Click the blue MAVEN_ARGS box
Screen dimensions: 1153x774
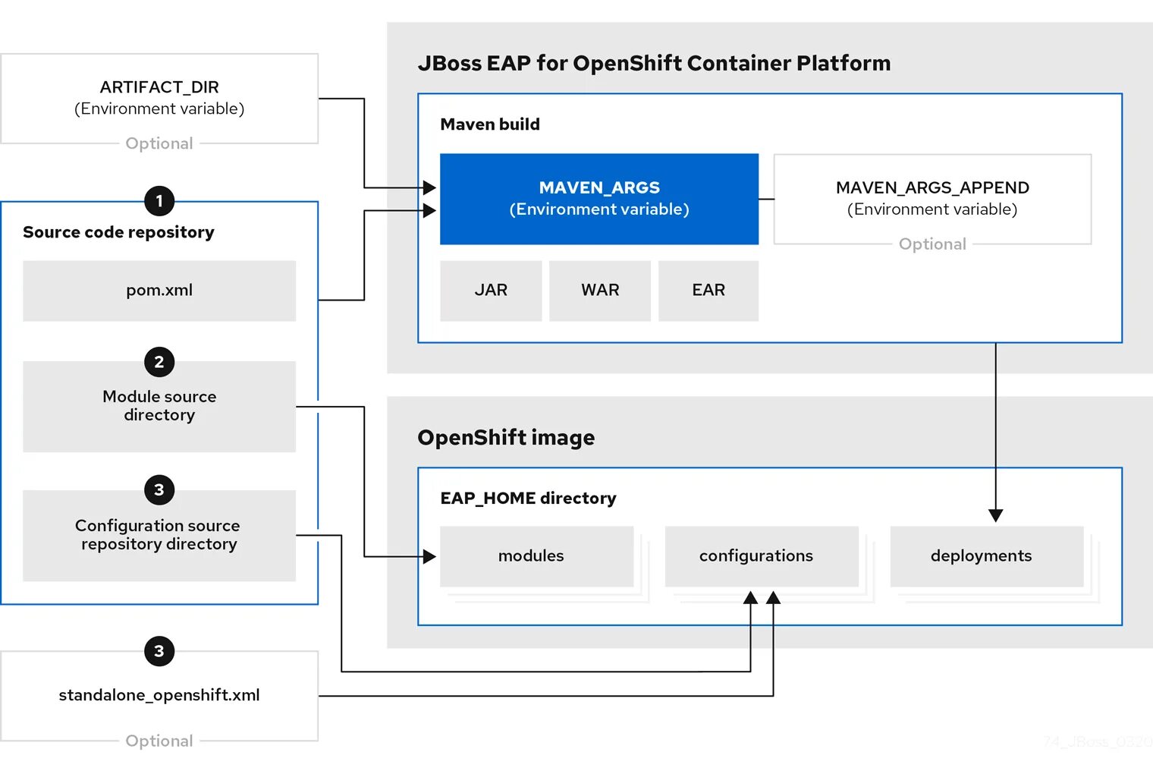[x=599, y=199]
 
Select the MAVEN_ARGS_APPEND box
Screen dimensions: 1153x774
[x=932, y=199]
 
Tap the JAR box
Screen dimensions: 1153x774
[x=491, y=291]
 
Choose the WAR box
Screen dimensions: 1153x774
[x=600, y=291]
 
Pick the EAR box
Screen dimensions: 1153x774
[x=708, y=291]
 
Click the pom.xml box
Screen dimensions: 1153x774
[x=159, y=291]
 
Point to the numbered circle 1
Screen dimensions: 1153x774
[x=159, y=201]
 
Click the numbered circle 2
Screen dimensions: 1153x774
[x=159, y=362]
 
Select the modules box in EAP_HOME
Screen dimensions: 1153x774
[x=537, y=556]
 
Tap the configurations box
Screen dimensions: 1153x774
[x=762, y=556]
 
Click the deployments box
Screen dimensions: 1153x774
[x=987, y=556]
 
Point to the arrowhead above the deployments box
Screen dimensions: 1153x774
[x=995, y=515]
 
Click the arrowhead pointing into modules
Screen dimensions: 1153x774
[x=430, y=556]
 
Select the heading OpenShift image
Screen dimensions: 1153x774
[x=506, y=438]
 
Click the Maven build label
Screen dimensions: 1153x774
[x=490, y=124]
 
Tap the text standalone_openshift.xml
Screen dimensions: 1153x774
[x=159, y=695]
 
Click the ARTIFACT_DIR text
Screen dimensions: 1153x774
[x=159, y=87]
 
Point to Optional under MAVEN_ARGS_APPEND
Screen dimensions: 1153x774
[x=932, y=244]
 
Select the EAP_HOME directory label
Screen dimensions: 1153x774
[x=528, y=498]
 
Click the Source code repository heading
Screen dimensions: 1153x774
[x=118, y=232]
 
